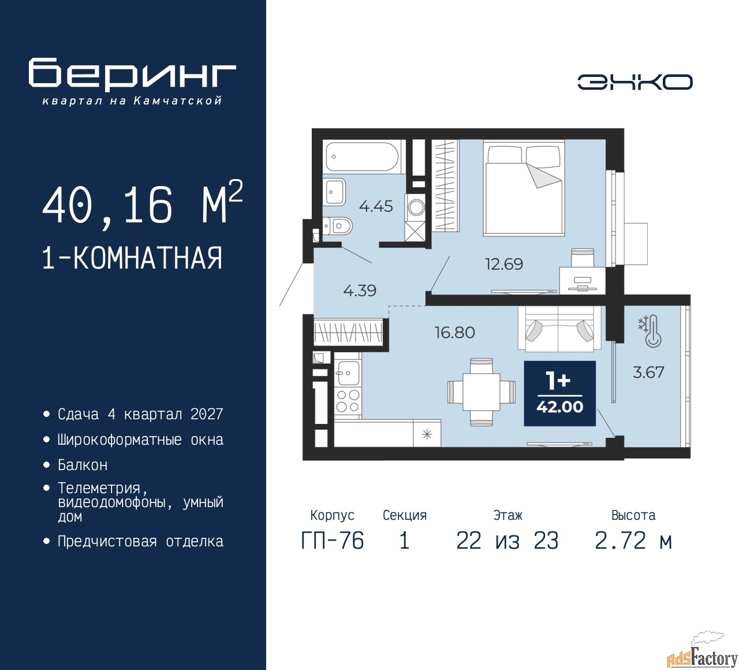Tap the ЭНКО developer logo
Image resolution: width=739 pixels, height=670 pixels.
pyautogui.click(x=635, y=82)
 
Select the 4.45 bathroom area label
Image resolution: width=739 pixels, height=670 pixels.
pyautogui.click(x=376, y=206)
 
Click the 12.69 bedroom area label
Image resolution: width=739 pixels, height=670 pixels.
pyautogui.click(x=504, y=264)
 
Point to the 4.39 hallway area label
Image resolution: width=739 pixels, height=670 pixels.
pyautogui.click(x=360, y=291)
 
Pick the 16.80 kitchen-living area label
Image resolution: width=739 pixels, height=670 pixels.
pyautogui.click(x=454, y=333)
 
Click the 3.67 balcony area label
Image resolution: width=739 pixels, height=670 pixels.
pyautogui.click(x=648, y=372)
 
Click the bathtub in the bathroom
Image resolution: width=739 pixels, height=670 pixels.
pyautogui.click(x=362, y=157)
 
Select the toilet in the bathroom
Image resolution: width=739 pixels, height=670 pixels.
pyautogui.click(x=338, y=225)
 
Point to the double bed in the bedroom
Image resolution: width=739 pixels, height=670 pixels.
pyautogui.click(x=524, y=188)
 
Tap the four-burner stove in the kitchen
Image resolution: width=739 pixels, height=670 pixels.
pyautogui.click(x=348, y=401)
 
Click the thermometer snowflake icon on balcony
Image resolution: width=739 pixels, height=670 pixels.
pyautogui.click(x=650, y=330)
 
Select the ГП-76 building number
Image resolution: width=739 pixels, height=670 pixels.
pyautogui.click(x=333, y=541)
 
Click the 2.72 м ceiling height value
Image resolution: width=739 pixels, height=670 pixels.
pyautogui.click(x=633, y=541)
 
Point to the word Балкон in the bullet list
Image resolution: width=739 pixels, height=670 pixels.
pyautogui.click(x=83, y=465)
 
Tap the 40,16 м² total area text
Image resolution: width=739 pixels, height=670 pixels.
pyautogui.click(x=143, y=203)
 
